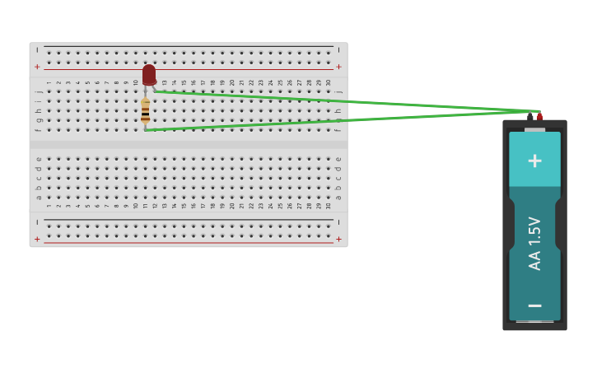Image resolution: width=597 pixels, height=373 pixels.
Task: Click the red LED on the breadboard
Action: point(148,75)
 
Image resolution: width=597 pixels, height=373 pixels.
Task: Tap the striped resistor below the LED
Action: point(145,111)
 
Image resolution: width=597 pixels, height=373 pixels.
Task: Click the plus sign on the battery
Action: point(534,161)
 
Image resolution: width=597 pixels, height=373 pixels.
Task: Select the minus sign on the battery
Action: point(534,305)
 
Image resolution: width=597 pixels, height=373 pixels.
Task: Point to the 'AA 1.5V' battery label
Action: point(534,244)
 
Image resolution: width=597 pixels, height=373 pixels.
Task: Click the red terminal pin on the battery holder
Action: point(540,116)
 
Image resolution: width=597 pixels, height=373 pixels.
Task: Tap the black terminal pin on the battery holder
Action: point(530,117)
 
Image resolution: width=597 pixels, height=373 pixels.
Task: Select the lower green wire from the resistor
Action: point(329,121)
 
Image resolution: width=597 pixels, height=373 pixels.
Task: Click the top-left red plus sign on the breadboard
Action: point(37,67)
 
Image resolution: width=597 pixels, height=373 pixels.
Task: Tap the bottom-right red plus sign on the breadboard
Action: point(338,239)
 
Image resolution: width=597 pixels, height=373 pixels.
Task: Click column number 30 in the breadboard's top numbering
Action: point(329,82)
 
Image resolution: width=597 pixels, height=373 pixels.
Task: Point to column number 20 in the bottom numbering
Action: point(232,205)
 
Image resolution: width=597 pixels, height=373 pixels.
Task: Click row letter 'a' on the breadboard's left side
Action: point(39,197)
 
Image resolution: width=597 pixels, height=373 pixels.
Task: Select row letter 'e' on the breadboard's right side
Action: point(338,159)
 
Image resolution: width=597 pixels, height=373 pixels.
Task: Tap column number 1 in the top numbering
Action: point(49,82)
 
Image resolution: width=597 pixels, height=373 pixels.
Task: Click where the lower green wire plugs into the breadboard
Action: point(146,129)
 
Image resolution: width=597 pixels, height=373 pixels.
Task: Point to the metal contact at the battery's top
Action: point(534,129)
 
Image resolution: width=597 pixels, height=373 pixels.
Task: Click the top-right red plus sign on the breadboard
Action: point(338,67)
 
